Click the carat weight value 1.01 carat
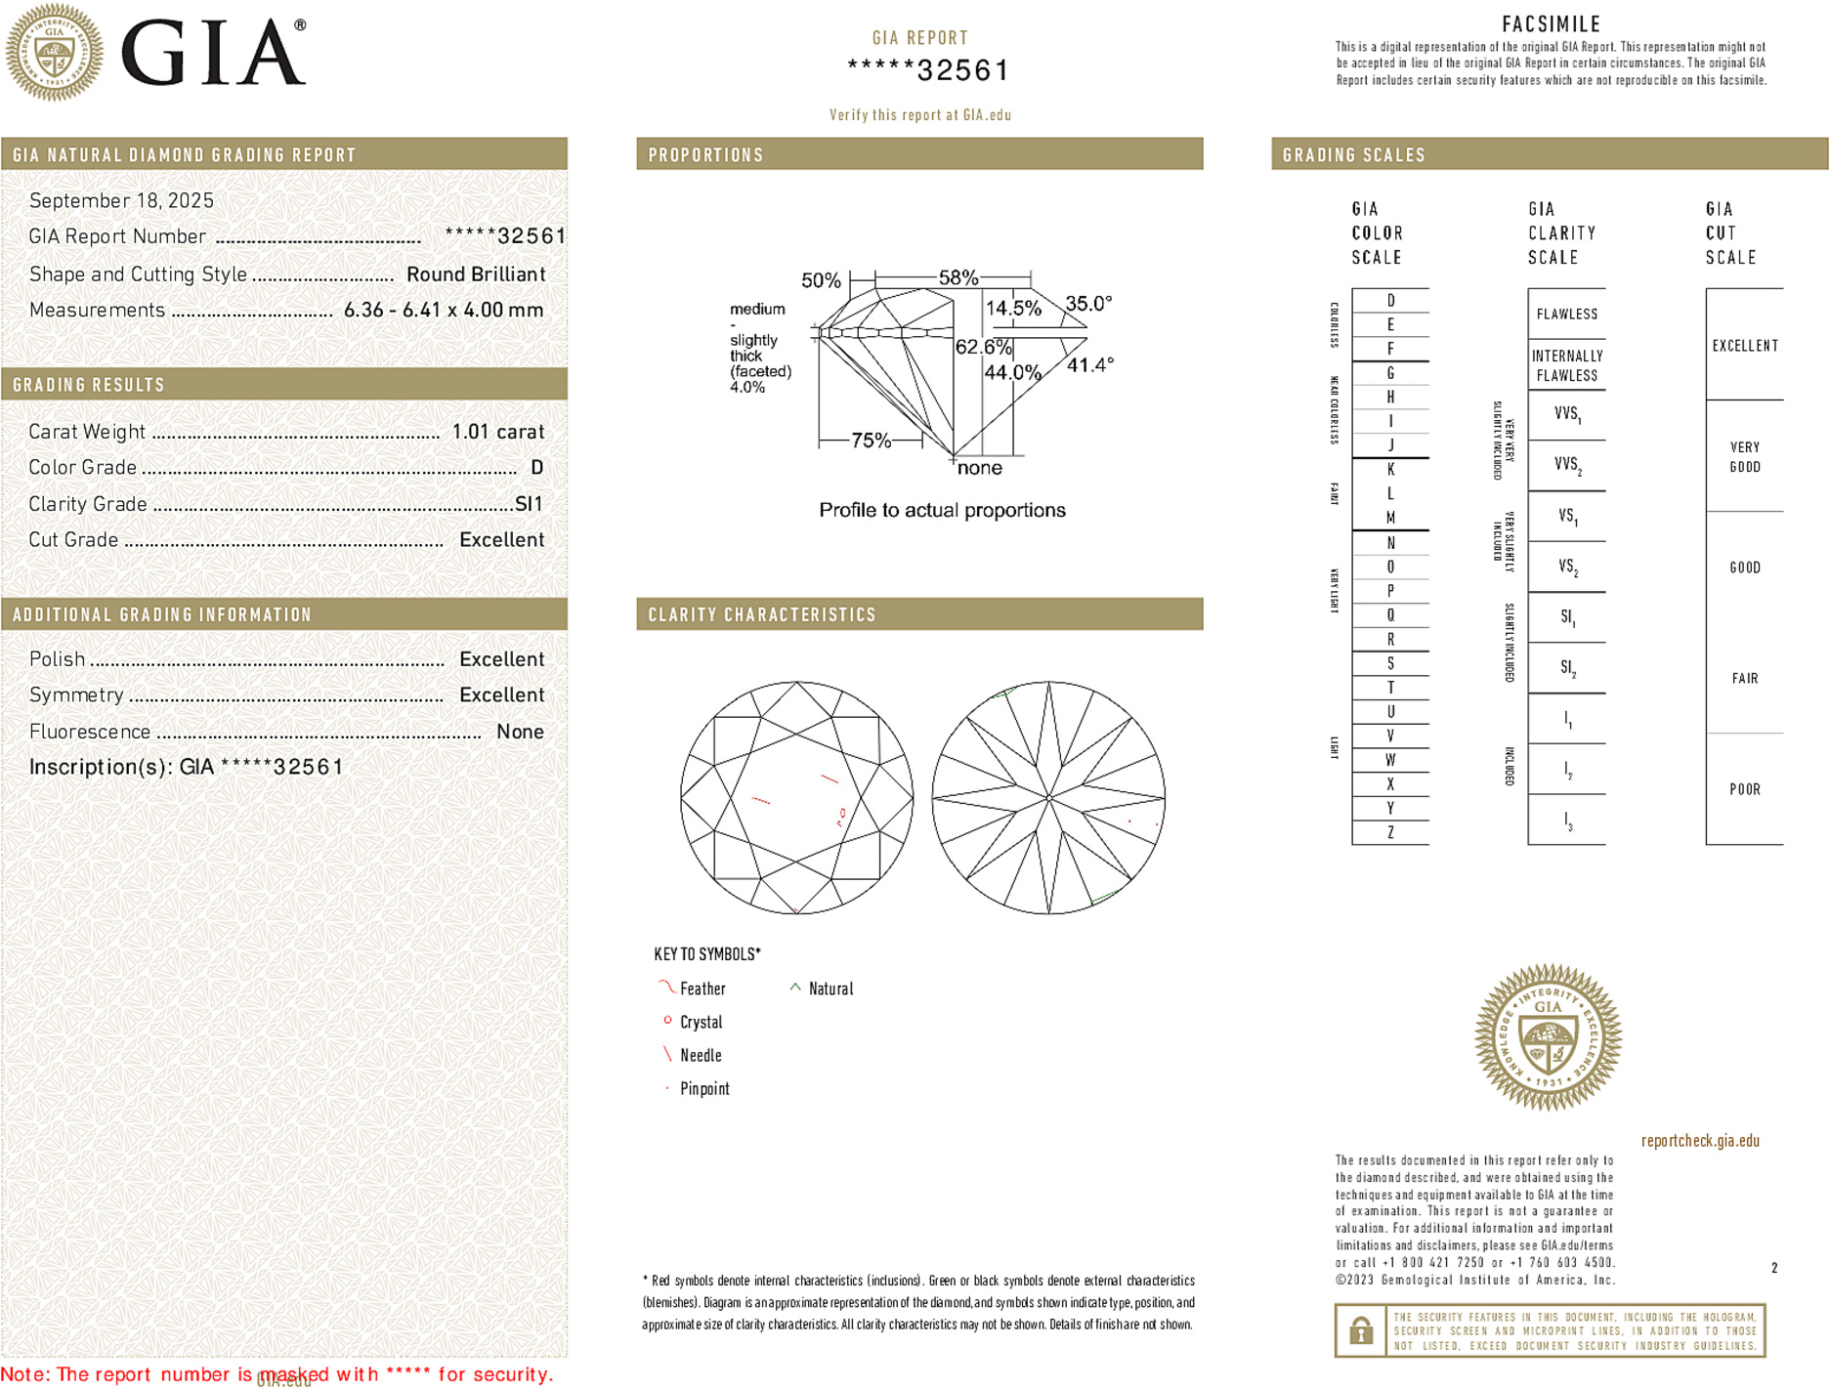(x=497, y=432)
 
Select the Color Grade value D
(x=536, y=468)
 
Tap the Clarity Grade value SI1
(x=529, y=504)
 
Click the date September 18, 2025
(x=121, y=201)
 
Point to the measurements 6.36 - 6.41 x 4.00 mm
(x=443, y=311)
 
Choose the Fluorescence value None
(x=520, y=732)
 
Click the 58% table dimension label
(x=958, y=277)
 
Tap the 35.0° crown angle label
(x=1087, y=304)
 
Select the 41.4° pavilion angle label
(x=1089, y=365)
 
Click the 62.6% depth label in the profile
(x=983, y=347)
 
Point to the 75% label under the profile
(x=871, y=441)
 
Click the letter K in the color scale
(x=1390, y=470)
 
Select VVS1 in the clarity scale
(x=1567, y=414)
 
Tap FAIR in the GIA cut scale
(x=1744, y=678)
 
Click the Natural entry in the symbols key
(x=830, y=989)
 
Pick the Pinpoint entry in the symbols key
(x=704, y=1089)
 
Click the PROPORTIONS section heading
(x=705, y=155)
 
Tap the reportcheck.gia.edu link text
(x=1699, y=1141)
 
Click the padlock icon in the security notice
(x=1360, y=1330)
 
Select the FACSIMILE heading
(x=1550, y=24)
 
